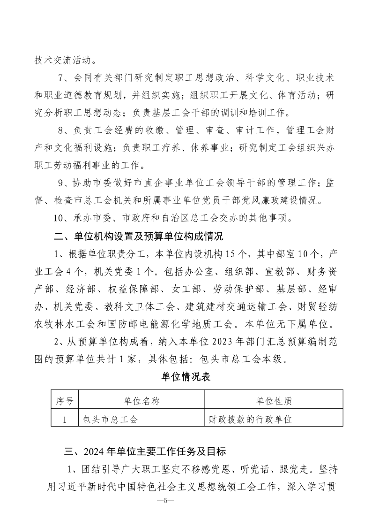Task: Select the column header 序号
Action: tap(65, 401)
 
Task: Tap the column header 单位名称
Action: tap(141, 401)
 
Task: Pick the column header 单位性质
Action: tap(274, 401)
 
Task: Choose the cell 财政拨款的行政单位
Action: tap(250, 419)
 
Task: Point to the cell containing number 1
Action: tap(65, 419)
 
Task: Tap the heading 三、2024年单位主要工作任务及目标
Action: tap(145, 452)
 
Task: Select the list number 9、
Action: tap(63, 182)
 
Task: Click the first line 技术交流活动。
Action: tap(65, 60)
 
